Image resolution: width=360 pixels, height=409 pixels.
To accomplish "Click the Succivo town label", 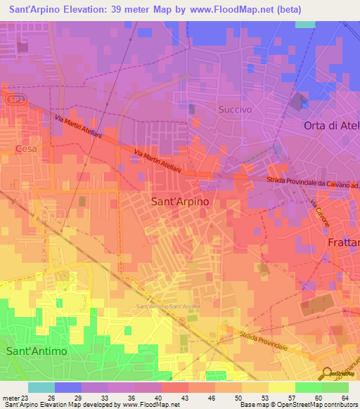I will tap(235, 110).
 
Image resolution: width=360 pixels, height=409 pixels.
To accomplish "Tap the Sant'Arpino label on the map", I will tap(180, 201).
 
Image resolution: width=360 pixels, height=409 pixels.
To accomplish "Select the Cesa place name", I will tap(24, 149).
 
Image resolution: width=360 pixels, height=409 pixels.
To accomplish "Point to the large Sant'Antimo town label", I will tap(36, 350).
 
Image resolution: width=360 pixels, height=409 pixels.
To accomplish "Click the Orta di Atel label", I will tap(331, 126).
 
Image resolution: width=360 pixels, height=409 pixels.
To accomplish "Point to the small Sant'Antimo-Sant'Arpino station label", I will tap(168, 307).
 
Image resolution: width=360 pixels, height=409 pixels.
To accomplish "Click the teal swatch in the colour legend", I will tap(41, 387).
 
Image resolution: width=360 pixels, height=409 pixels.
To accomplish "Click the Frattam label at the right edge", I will tap(343, 242).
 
